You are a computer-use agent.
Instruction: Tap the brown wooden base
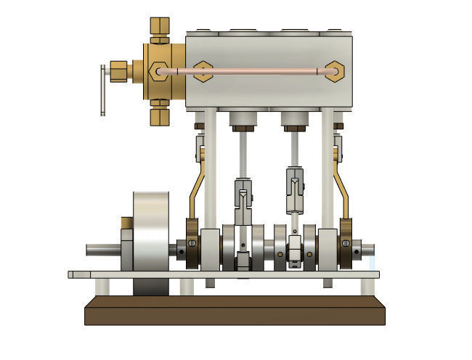click(x=235, y=311)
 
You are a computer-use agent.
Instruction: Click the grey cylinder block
click(x=269, y=91)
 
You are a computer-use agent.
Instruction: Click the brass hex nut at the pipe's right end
click(x=335, y=71)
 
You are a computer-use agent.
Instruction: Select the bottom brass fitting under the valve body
click(x=159, y=115)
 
